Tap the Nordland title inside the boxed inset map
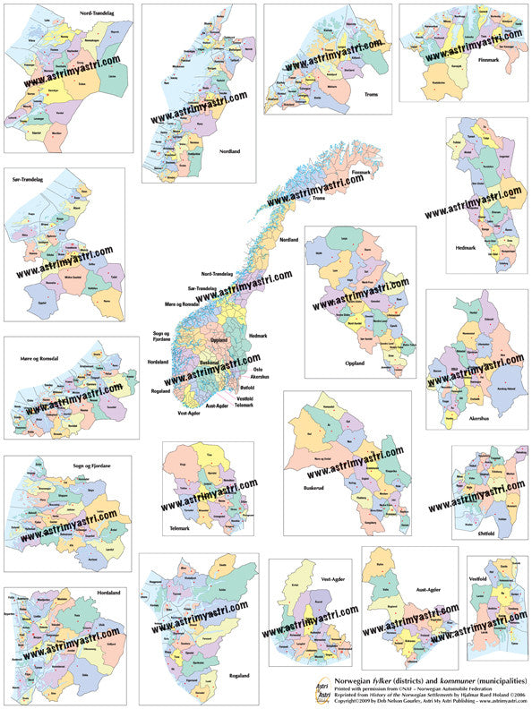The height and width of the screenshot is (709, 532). (230, 151)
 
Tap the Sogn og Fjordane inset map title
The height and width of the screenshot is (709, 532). (91, 466)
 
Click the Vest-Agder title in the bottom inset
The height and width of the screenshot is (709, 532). (332, 579)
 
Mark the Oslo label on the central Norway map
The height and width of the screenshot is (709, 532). (258, 369)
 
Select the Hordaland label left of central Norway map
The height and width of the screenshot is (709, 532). (158, 362)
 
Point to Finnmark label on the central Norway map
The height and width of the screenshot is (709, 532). (361, 172)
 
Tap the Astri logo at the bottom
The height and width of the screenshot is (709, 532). (323, 689)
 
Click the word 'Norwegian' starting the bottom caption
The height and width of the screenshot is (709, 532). (355, 679)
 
